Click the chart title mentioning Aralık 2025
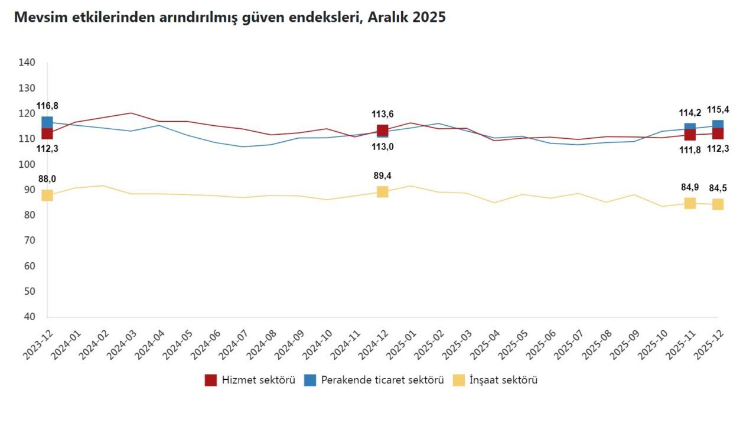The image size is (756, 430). (230, 17)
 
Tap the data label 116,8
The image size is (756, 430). (47, 106)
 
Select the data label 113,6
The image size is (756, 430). (382, 114)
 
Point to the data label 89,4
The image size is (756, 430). (382, 176)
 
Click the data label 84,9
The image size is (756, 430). (690, 187)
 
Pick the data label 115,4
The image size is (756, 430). (718, 110)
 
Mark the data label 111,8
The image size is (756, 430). (690, 149)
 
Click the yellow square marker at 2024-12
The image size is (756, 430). (382, 192)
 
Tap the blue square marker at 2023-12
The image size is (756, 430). (47, 122)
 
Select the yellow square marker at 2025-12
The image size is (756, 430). (718, 204)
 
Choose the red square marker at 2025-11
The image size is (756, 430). (690, 134)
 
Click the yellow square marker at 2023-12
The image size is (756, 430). (47, 195)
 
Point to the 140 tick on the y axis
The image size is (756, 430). (27, 63)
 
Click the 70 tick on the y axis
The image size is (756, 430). (30, 240)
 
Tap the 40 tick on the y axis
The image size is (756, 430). (30, 317)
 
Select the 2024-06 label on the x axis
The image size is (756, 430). (206, 344)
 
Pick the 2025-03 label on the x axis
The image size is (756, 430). (457, 344)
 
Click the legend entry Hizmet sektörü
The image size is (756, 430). (250, 380)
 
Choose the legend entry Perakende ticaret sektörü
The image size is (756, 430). (374, 380)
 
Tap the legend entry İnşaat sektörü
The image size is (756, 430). (495, 380)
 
